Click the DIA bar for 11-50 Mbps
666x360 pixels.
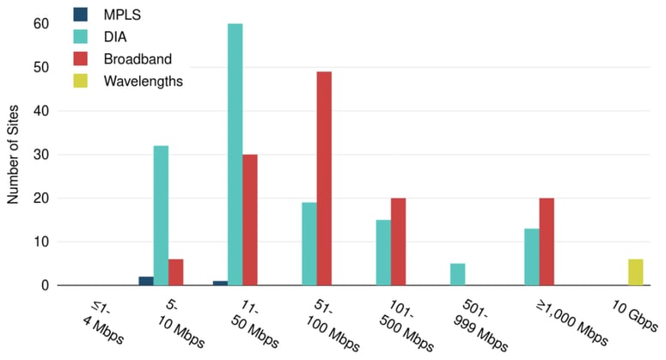pyautogui.click(x=235, y=155)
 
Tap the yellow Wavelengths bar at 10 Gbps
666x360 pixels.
pyautogui.click(x=635, y=272)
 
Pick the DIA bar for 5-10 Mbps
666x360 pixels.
pyautogui.click(x=161, y=215)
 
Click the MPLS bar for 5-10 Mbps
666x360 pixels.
pyautogui.click(x=145, y=281)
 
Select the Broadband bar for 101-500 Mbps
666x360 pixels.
pyautogui.click(x=398, y=241)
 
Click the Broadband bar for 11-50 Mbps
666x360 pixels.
pyautogui.click(x=250, y=220)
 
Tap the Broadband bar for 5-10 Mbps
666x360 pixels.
pyautogui.click(x=176, y=272)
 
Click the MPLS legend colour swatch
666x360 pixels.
pyautogui.click(x=79, y=15)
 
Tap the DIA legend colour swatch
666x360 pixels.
pyautogui.click(x=79, y=37)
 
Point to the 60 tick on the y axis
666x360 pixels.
pyautogui.click(x=41, y=23)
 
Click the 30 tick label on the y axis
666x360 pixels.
pyautogui.click(x=41, y=155)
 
